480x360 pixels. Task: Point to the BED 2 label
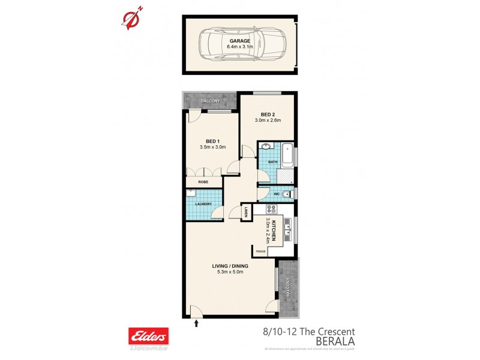[268, 115]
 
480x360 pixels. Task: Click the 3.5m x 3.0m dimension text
[212, 146]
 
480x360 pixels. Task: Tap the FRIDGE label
[260, 251]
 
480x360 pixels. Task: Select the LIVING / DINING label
[230, 266]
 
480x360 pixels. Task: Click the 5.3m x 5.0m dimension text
[230, 274]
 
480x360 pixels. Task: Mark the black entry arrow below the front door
[197, 325]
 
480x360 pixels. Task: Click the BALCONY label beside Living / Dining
[289, 289]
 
